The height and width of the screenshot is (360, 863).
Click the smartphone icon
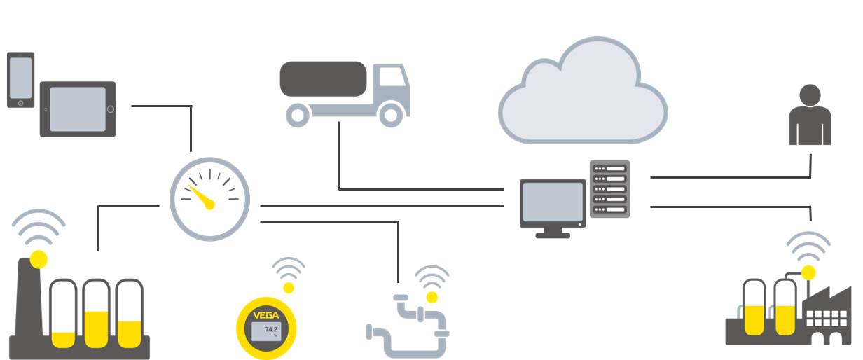(20, 79)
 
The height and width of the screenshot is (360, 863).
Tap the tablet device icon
(77, 109)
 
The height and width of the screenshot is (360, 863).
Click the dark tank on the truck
(324, 78)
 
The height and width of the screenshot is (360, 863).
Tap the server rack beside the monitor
(609, 188)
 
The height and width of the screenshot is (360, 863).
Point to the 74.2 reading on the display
(270, 328)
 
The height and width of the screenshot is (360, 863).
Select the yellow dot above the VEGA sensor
(289, 287)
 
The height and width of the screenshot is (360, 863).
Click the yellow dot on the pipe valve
(431, 297)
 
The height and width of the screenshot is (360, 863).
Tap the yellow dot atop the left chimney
(39, 259)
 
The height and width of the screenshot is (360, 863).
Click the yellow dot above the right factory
(809, 272)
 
